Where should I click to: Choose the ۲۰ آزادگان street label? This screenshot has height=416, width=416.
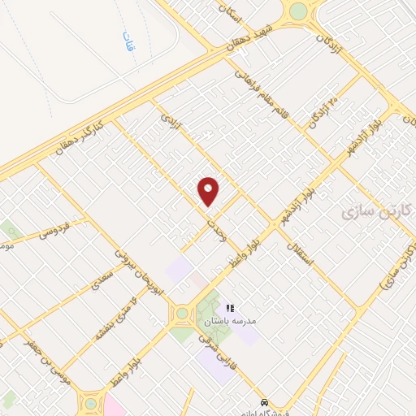pos(322,113)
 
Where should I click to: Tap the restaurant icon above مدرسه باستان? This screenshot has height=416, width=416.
pos(230,308)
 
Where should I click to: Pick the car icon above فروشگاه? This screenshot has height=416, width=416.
pos(265,402)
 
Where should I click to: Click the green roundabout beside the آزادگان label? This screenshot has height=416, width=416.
pos(299,11)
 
